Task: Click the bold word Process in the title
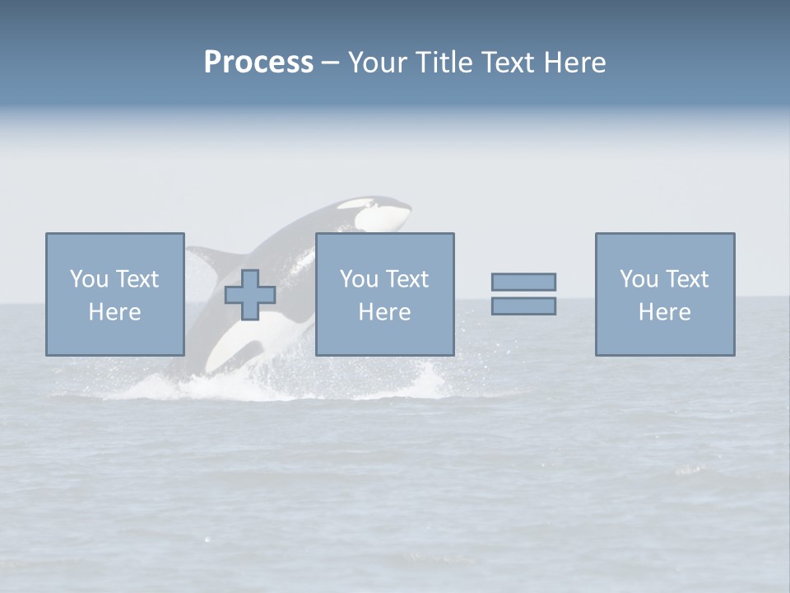[x=258, y=63]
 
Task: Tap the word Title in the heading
[x=444, y=63]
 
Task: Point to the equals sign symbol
[x=523, y=294]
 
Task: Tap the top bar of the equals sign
[x=523, y=282]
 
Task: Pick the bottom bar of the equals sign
[x=523, y=306]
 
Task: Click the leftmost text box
[x=114, y=294]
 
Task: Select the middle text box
[x=384, y=294]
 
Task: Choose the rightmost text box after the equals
[x=664, y=294]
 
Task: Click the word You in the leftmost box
[x=89, y=279]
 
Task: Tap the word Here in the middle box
[x=384, y=312]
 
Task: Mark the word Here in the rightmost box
[x=664, y=312]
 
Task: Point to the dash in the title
[x=330, y=63]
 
